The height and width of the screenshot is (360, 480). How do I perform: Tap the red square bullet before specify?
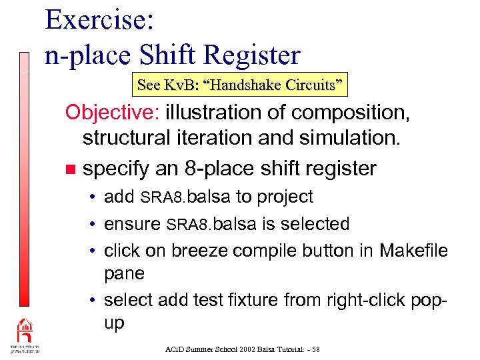tap(71, 169)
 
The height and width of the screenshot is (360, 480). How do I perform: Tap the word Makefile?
tap(413, 251)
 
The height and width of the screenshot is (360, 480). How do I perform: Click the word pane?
tap(125, 273)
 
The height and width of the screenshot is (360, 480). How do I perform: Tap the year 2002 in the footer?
tap(227, 349)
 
